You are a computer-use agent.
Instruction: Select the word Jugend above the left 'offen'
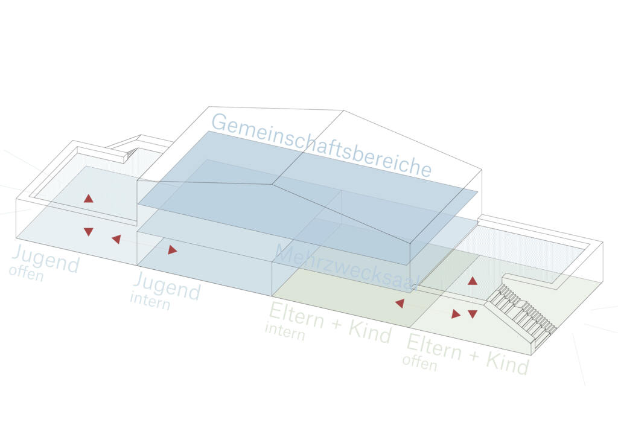tap(46, 259)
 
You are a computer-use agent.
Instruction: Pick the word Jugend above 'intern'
tap(167, 286)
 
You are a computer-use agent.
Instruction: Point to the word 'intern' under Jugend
tap(150, 300)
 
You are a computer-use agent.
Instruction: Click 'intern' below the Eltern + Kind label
tap(285, 331)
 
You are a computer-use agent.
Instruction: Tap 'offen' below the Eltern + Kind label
tap(419, 362)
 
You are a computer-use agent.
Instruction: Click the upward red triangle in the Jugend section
tap(89, 198)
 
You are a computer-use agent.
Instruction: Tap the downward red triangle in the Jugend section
tap(89, 232)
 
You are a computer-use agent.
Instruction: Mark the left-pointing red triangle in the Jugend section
tap(116, 239)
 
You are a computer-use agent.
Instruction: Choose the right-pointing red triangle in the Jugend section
tap(173, 250)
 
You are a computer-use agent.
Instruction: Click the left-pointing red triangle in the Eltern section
tap(399, 304)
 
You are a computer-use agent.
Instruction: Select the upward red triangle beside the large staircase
tap(473, 281)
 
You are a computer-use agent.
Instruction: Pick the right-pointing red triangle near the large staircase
tap(456, 314)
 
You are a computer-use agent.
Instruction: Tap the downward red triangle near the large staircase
tap(473, 314)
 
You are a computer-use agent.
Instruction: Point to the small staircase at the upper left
tap(132, 154)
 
